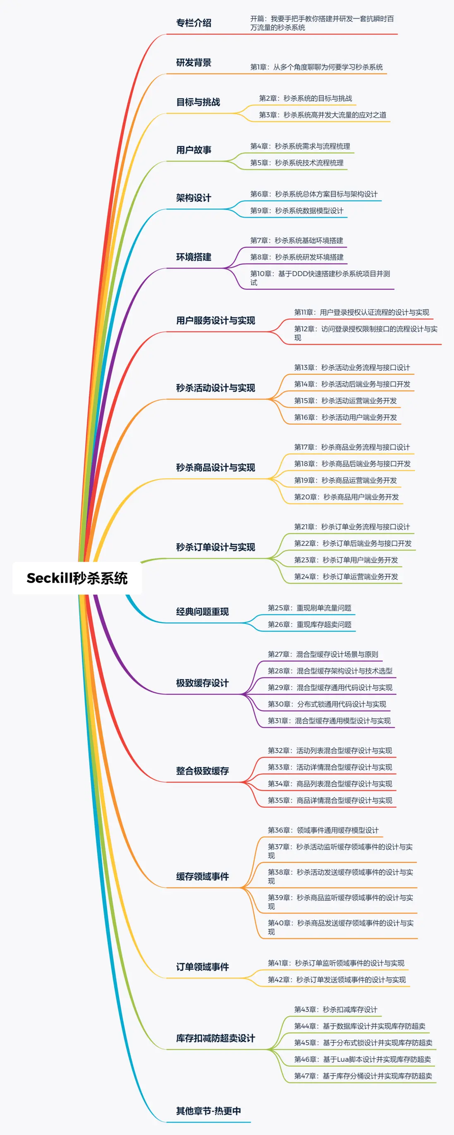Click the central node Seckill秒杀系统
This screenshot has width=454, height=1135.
77,578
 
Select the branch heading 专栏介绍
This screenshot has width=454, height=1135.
194,23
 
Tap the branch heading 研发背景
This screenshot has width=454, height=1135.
194,62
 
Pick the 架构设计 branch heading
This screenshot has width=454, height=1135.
194,198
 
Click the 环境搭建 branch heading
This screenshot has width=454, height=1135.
194,257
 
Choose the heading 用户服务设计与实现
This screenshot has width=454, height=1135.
216,320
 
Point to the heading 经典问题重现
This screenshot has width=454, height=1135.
203,612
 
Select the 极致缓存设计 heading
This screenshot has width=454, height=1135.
203,683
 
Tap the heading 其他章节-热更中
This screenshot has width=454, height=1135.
209,1111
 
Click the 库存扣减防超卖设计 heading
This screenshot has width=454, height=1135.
216,1038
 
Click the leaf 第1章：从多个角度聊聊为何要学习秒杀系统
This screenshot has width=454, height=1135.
317,67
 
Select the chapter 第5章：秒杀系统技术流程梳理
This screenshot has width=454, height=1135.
297,163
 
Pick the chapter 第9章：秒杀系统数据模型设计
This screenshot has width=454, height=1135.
297,211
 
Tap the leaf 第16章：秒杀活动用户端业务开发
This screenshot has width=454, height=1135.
346,417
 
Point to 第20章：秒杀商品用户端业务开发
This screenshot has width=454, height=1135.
346,497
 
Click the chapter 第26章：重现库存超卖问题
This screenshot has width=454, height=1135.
310,624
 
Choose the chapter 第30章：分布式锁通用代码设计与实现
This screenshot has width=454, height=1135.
327,704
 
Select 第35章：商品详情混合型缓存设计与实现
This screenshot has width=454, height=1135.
330,800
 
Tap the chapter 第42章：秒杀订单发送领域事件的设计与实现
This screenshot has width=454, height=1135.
337,979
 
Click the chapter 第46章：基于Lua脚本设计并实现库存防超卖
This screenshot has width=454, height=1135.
363,1059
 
